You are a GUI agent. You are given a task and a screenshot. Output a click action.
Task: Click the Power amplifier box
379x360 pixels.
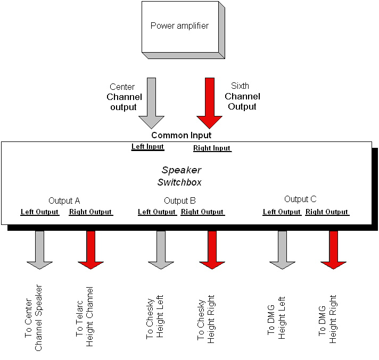[x=180, y=27]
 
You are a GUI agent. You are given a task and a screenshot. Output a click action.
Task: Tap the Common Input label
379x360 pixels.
[x=181, y=136]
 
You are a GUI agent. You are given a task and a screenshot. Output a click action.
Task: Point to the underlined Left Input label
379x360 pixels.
[x=147, y=147]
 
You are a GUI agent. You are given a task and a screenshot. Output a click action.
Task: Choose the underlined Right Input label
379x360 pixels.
[x=212, y=148]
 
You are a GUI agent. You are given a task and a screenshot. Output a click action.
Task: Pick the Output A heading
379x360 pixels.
[x=64, y=201]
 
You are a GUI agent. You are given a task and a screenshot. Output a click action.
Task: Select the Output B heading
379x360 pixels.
[x=180, y=201]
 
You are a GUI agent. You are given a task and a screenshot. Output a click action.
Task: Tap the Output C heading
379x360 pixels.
[x=300, y=199]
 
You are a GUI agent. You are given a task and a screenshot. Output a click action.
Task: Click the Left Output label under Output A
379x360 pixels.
[x=39, y=212]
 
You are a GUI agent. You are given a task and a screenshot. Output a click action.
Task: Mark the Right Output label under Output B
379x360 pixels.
[x=202, y=212]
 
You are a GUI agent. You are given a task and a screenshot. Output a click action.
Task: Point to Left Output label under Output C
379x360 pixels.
[x=282, y=212]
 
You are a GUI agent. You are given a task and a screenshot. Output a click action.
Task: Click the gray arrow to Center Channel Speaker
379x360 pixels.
[x=39, y=249]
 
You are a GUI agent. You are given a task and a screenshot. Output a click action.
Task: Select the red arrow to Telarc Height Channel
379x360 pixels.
[x=90, y=249]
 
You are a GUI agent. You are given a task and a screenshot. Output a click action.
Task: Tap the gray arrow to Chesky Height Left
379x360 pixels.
[x=161, y=249]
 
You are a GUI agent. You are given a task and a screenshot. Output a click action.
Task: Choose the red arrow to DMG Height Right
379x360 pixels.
[x=333, y=249]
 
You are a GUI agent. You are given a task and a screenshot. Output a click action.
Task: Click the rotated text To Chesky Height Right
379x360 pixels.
[x=206, y=318]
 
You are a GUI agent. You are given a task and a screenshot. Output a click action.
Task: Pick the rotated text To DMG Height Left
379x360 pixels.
[x=277, y=317]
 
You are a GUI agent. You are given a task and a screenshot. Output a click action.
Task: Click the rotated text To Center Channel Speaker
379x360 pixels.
[x=33, y=318]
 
